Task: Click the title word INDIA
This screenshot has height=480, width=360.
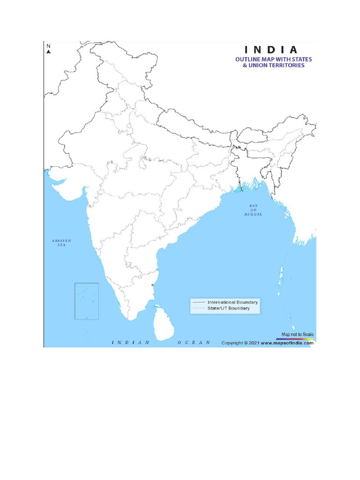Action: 270,50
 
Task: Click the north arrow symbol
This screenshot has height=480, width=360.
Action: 48,52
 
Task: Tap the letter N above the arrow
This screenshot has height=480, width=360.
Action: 48,46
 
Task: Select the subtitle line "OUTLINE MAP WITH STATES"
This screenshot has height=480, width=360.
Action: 273,60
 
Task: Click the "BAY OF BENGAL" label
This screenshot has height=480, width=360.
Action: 253,210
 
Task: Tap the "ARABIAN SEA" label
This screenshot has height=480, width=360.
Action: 61,242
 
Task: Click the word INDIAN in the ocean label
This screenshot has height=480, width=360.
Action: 131,343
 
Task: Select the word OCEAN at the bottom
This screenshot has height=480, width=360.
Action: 194,343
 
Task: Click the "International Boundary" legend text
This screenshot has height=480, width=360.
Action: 233,302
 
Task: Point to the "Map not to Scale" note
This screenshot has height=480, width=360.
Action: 297,334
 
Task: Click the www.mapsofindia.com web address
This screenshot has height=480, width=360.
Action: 287,343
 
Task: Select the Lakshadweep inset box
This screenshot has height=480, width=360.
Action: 87,301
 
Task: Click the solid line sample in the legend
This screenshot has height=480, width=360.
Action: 199,302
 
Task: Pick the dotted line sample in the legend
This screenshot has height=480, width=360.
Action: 199,308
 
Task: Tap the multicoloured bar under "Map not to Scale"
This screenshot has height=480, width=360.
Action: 297,338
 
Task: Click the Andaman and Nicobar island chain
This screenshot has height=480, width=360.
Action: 284,277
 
